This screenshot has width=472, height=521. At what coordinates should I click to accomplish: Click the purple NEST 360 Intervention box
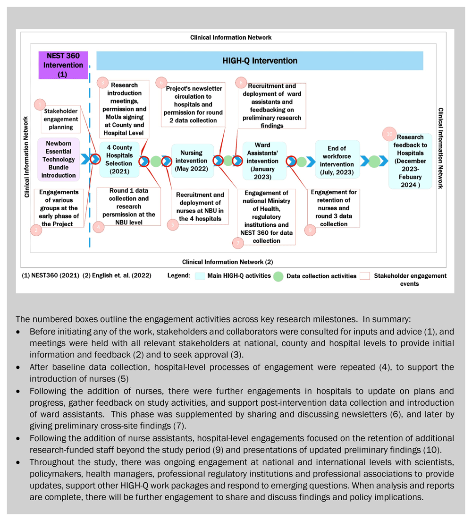click(63, 65)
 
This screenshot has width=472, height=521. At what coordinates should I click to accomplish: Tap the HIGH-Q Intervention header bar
click(260, 61)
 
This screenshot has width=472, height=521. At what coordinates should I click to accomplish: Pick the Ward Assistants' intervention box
click(264, 161)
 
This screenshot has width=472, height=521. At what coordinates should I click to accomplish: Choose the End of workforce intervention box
click(337, 159)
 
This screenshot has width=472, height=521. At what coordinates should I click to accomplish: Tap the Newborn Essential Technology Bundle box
click(59, 159)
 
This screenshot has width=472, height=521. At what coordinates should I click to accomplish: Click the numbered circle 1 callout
click(41, 104)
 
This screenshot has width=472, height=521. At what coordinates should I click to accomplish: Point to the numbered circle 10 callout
click(389, 134)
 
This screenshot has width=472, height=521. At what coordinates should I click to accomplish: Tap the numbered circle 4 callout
click(98, 227)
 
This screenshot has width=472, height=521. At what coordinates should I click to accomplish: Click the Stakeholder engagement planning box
click(58, 120)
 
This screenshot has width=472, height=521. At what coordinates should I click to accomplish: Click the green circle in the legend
click(278, 275)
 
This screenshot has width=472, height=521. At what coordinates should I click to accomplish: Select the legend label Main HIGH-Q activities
click(238, 275)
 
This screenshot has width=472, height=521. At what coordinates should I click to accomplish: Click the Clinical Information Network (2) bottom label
click(228, 261)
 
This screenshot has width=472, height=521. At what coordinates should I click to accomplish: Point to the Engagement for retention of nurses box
click(334, 208)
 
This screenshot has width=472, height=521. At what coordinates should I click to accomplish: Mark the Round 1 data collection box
click(126, 206)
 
